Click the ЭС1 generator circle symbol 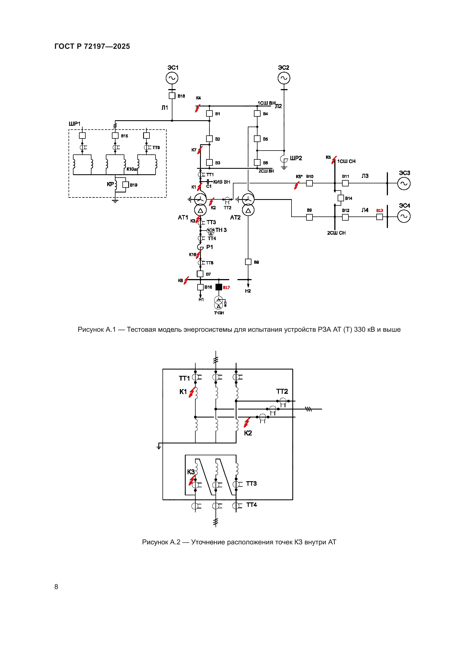pyautogui.click(x=172, y=78)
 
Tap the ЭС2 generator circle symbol pyautogui.click(x=284, y=78)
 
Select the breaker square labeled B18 pyautogui.click(x=172, y=96)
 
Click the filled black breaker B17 pyautogui.click(x=219, y=287)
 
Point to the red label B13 pyautogui.click(x=379, y=210)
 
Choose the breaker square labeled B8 pyautogui.click(x=248, y=262)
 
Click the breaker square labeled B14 pyautogui.click(x=340, y=198)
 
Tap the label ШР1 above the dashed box pyautogui.click(x=75, y=124)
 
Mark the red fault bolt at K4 pyautogui.click(x=198, y=108)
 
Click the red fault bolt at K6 pyautogui.click(x=186, y=280)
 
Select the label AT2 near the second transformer pyautogui.click(x=235, y=217)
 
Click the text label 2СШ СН pyautogui.click(x=336, y=233)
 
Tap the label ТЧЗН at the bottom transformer pyautogui.click(x=219, y=313)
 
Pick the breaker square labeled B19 pyautogui.click(x=125, y=185)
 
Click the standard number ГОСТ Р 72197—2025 pyautogui.click(x=92, y=46)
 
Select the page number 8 pyautogui.click(x=56, y=587)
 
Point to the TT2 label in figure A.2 pyautogui.click(x=282, y=391)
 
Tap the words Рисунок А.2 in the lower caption pyautogui.click(x=161, y=542)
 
